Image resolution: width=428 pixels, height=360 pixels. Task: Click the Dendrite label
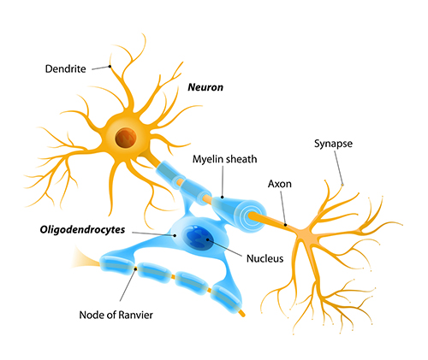65,68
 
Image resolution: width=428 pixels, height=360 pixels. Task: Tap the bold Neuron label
205,87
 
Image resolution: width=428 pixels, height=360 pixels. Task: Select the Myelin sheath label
224,159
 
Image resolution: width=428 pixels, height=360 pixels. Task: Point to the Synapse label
333,144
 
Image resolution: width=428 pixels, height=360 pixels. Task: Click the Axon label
280,184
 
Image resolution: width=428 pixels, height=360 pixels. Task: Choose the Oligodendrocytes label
82,229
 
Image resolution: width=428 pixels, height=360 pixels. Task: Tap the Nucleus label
265,258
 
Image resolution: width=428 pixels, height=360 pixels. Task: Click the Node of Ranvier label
116,315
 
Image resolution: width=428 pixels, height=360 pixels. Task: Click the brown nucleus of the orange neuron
126,138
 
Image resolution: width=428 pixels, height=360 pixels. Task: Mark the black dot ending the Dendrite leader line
110,67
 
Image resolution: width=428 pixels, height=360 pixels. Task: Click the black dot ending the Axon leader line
285,225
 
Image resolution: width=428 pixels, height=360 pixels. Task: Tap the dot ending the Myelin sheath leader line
223,197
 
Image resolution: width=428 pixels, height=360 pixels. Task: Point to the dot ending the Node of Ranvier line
136,269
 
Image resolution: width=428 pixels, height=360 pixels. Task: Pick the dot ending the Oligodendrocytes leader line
175,235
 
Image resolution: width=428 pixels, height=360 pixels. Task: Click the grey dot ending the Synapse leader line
342,185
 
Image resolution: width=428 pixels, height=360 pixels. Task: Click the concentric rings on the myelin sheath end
252,215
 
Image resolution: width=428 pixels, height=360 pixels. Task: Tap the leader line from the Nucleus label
225,248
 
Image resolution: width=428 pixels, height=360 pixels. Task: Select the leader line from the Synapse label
338,168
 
